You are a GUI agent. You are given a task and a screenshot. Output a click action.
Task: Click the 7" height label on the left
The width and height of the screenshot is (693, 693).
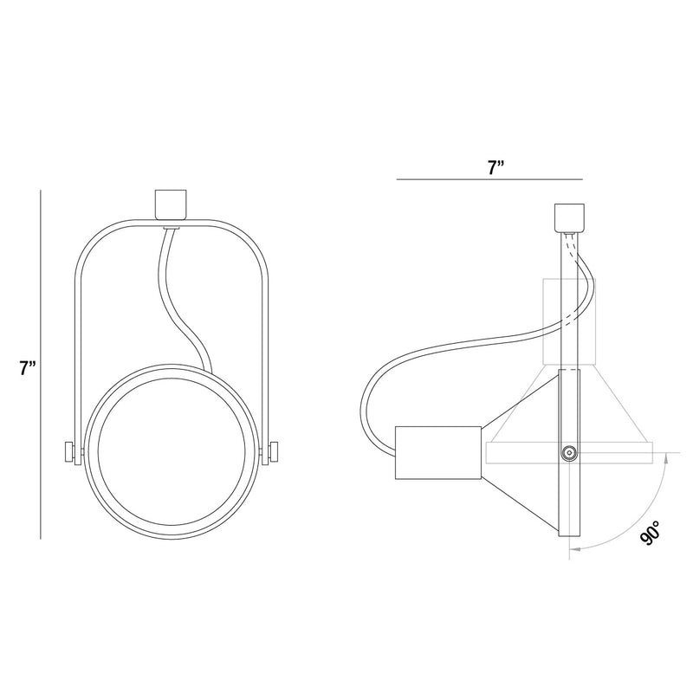[x=27, y=367]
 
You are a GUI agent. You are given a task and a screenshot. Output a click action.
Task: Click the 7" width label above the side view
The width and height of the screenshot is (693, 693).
[x=495, y=168]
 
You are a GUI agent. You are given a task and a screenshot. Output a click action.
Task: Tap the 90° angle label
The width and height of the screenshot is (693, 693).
[x=651, y=532]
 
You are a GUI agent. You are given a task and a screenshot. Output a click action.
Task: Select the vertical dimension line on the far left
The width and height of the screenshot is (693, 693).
[x=41, y=365]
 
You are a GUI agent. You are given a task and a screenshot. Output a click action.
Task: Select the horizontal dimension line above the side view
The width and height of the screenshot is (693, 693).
[x=489, y=179]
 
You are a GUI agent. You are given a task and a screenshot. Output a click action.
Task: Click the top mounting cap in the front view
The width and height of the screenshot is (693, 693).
[x=170, y=204]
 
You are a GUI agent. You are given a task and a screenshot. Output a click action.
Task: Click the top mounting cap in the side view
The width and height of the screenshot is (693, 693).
[x=569, y=217]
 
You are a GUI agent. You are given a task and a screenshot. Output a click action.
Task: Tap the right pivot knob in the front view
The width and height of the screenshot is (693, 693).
[x=274, y=452]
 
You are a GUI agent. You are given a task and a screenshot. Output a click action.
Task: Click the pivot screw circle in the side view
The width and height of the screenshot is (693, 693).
[x=569, y=452]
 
